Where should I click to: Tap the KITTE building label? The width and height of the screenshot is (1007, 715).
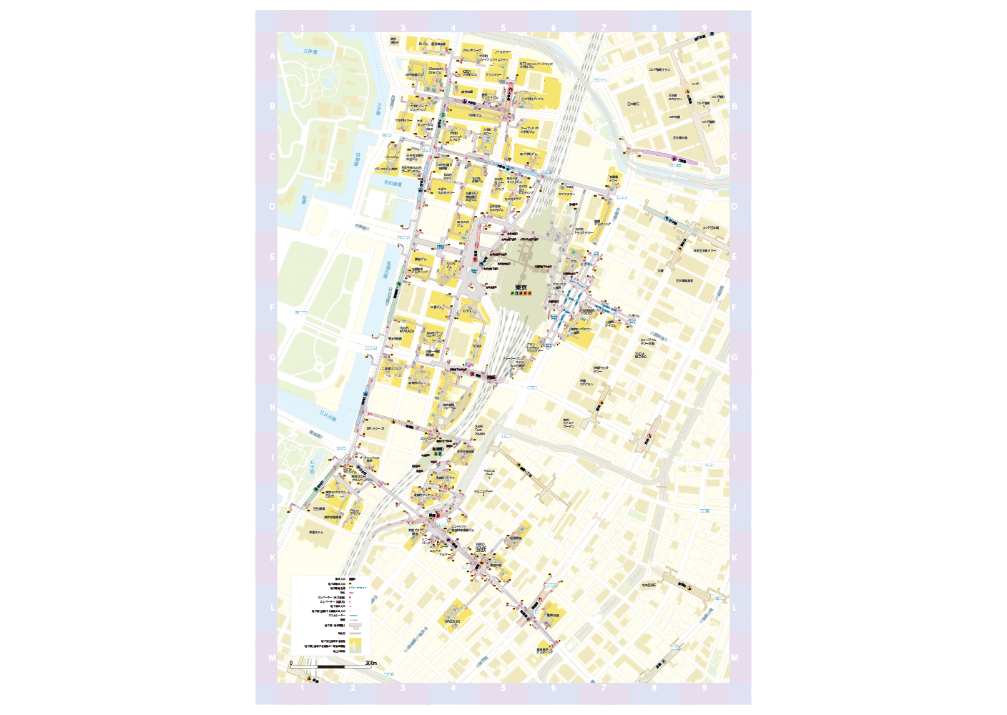pos(467,311)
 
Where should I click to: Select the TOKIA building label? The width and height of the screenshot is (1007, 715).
pos(476,346)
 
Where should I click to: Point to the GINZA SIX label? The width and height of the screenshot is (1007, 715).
pos(452,621)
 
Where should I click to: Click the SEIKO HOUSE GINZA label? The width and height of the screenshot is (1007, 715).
pos(481,548)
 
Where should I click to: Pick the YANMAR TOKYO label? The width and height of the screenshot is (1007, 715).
pos(587,312)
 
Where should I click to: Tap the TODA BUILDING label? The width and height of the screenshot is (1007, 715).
pos(640,355)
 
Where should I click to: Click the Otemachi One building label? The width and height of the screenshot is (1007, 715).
pos(435,71)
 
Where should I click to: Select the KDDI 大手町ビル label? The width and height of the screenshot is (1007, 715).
pos(466,72)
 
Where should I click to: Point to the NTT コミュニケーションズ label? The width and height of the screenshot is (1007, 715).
pos(536,65)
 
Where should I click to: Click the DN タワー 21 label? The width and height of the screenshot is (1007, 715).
pos(375,428)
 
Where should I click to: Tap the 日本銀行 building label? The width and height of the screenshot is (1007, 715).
pos(633,104)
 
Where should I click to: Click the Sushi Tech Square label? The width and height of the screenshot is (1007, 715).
pos(479,430)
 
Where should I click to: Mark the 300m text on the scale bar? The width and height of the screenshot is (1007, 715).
pos(370,663)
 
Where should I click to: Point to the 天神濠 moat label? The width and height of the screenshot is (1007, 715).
pos(309,51)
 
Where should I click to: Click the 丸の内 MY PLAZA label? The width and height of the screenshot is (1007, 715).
pos(406,330)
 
